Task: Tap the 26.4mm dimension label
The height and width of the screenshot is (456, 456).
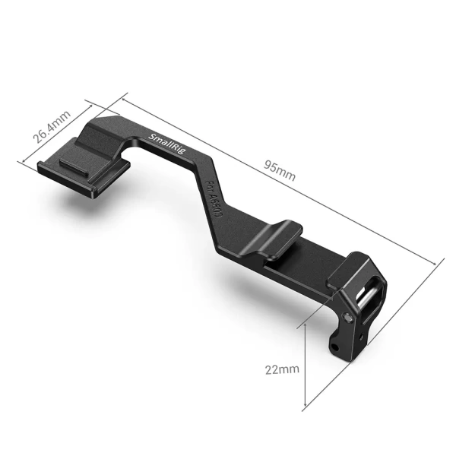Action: [52, 128]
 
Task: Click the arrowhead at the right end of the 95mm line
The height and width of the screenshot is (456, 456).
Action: [439, 261]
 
